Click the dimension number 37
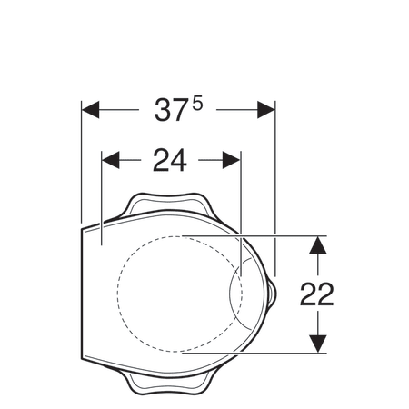click(x=169, y=110)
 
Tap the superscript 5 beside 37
click(x=196, y=104)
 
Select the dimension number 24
click(x=170, y=161)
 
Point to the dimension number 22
click(x=317, y=294)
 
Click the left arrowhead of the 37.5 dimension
click(x=90, y=110)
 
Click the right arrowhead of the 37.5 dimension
click(x=266, y=110)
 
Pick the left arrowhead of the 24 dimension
click(x=111, y=160)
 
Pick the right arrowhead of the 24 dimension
click(x=232, y=160)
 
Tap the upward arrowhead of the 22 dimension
click(x=318, y=244)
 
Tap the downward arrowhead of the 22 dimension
click(x=318, y=344)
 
